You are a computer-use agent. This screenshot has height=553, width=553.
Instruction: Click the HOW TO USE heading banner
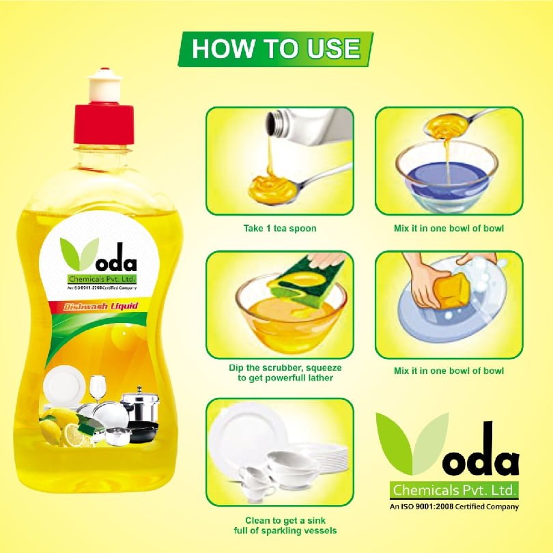coord(275,49)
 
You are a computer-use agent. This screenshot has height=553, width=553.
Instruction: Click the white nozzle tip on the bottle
coord(104,85)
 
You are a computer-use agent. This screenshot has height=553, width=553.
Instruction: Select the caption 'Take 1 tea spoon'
coord(280,228)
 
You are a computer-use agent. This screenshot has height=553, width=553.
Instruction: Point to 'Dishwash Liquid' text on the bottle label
coord(101,306)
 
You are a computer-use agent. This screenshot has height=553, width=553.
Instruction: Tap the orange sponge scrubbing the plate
coord(451,290)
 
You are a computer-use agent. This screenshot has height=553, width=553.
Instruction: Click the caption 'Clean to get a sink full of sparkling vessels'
coord(285,526)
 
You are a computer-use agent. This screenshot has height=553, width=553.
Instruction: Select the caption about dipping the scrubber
coord(285,373)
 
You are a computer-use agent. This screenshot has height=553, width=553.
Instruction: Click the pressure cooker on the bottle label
coord(141,405)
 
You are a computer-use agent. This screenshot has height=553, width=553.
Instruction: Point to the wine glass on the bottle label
coord(98,388)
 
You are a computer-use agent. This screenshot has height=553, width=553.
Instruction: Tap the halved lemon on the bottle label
coord(74,436)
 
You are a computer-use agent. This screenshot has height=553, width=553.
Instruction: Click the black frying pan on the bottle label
coord(143,431)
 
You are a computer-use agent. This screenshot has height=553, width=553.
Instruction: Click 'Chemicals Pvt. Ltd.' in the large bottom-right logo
coord(454,490)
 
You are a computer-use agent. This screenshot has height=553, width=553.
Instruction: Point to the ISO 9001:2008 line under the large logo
coord(454,507)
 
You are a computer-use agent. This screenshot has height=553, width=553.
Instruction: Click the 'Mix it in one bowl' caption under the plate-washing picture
coord(449,371)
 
